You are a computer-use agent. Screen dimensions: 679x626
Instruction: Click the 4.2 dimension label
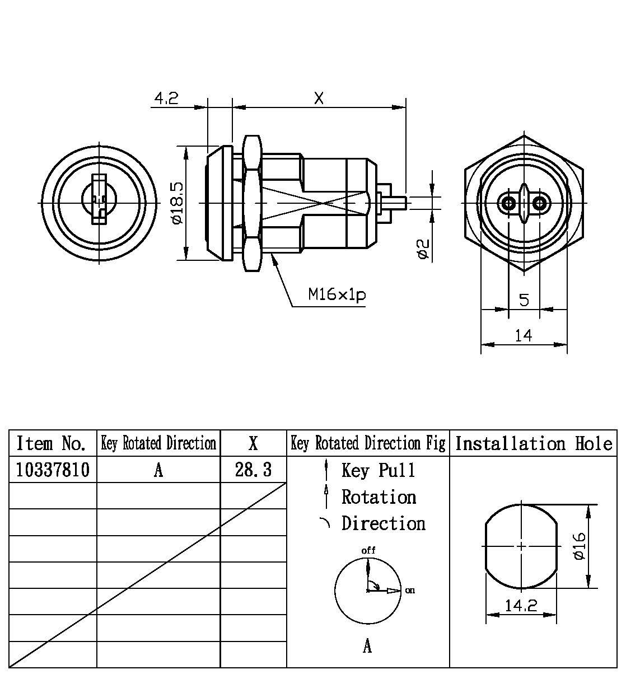[x=166, y=99]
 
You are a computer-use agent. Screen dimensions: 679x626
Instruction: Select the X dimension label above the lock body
[x=319, y=99]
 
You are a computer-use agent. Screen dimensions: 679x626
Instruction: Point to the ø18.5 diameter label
[x=177, y=203]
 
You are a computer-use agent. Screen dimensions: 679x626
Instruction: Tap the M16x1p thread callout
[x=337, y=294]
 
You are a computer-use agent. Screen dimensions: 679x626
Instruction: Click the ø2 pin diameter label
[x=423, y=249]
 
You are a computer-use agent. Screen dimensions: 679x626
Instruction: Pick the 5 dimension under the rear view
[x=524, y=300]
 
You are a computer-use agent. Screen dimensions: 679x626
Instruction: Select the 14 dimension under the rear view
[x=524, y=335]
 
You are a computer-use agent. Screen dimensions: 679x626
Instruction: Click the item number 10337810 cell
[x=53, y=470]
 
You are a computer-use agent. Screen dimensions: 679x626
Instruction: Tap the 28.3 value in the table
[x=253, y=470]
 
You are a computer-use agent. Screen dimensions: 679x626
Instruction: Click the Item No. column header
[x=53, y=443]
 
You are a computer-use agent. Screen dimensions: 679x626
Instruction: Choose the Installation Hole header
[x=533, y=443]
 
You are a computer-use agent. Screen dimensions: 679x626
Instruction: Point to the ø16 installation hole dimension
[x=580, y=546]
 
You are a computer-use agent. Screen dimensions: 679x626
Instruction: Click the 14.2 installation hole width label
[x=521, y=606]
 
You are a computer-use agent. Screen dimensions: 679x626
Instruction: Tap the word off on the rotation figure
[x=368, y=550]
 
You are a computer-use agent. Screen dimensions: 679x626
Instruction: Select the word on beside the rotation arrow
[x=410, y=590]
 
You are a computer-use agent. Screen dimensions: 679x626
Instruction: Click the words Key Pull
[x=379, y=470]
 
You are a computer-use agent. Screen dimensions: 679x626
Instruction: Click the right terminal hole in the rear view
[x=539, y=203]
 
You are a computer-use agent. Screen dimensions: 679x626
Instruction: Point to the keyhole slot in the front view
[x=99, y=200]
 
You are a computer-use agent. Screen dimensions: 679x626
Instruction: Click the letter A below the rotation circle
[x=367, y=647]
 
